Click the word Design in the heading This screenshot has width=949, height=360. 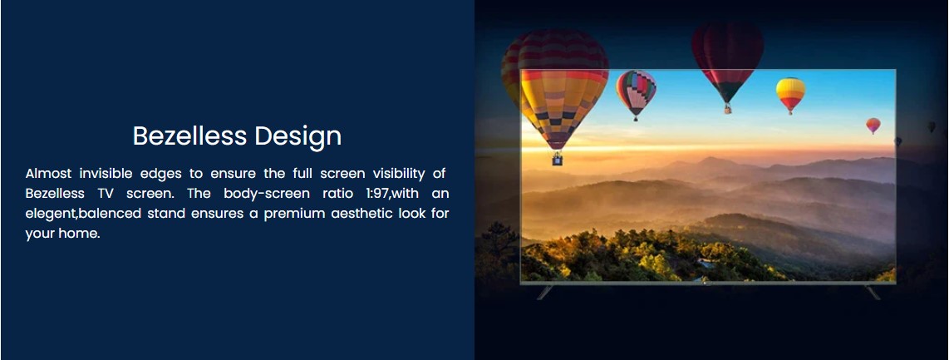pyautogui.click(x=297, y=136)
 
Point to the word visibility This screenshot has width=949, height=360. pyautogui.click(x=399, y=175)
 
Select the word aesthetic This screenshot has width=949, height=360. pyautogui.click(x=362, y=214)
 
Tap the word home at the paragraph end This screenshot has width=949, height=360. pyautogui.click(x=79, y=234)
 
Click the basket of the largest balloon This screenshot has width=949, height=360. pyautogui.click(x=557, y=159)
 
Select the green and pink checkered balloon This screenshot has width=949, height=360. pyautogui.click(x=636, y=92)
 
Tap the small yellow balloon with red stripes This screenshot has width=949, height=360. pyautogui.click(x=790, y=93)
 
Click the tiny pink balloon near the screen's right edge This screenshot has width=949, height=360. pyautogui.click(x=873, y=125)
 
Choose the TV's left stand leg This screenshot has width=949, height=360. pyautogui.click(x=544, y=292)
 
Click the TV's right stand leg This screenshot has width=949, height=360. pyautogui.click(x=873, y=292)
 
